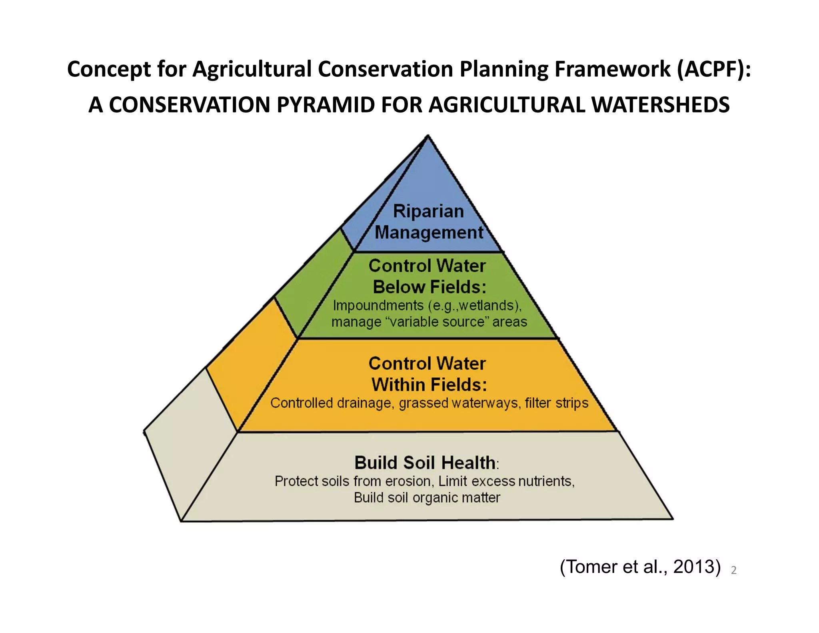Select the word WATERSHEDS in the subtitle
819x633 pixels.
point(660,105)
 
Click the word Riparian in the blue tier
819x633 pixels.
point(428,211)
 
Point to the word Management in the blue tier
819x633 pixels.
point(429,232)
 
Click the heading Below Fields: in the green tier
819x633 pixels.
point(429,287)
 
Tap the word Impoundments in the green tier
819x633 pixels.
point(378,306)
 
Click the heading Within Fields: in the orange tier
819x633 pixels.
point(429,385)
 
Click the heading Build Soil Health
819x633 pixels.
point(425,463)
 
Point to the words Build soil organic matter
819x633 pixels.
point(427,498)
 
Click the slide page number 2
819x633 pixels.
point(733,570)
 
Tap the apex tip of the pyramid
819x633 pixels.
point(428,136)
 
